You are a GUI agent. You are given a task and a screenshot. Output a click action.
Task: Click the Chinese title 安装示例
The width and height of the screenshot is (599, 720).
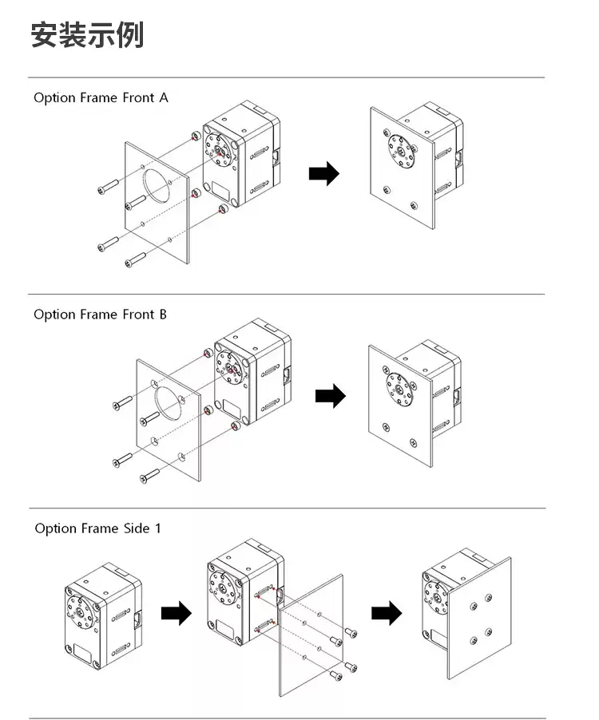click(87, 34)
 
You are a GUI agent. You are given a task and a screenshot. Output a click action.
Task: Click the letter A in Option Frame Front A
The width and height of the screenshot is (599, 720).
click(164, 98)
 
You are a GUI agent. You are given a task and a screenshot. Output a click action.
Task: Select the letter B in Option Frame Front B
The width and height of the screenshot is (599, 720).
click(163, 315)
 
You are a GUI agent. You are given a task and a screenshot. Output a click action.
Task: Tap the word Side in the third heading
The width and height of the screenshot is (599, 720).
click(137, 528)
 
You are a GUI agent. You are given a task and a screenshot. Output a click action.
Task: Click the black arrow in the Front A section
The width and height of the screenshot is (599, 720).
click(323, 173)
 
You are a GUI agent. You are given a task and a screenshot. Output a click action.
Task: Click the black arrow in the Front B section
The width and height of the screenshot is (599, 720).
click(331, 396)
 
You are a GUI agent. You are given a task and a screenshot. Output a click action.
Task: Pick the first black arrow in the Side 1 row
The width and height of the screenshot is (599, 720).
click(177, 613)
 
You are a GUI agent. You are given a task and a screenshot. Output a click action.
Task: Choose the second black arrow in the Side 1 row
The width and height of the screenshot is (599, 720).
click(387, 613)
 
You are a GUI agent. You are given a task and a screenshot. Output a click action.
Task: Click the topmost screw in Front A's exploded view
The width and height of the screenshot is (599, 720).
click(108, 187)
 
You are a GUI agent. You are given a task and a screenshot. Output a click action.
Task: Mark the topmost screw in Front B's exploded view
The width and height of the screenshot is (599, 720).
click(123, 402)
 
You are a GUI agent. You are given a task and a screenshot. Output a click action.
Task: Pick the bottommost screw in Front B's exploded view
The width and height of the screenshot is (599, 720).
click(150, 476)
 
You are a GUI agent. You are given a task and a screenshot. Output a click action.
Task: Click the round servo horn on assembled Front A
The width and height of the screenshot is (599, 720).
click(401, 152)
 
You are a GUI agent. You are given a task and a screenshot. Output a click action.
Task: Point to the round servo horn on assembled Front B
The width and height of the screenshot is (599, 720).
click(399, 390)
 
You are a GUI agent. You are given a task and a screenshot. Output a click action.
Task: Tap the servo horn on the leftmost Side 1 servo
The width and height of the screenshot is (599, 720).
click(80, 612)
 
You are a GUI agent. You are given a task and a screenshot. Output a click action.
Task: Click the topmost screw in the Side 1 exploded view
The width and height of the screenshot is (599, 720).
click(351, 632)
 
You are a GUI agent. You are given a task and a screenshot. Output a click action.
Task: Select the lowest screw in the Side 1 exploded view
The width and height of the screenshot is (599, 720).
click(336, 675)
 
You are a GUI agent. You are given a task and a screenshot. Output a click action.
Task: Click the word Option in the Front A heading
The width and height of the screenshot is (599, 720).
click(54, 98)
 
